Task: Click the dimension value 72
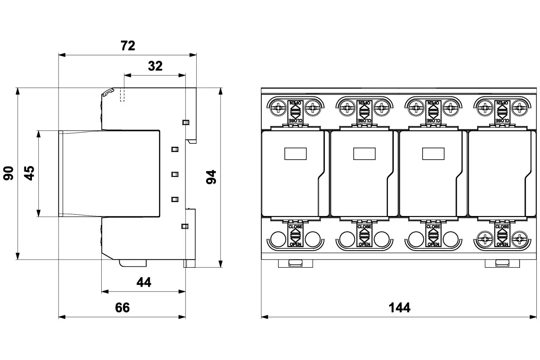point(128,45)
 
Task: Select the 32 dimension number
point(155,66)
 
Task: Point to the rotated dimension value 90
point(9,173)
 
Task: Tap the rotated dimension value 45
point(29,173)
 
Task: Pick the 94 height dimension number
point(211,177)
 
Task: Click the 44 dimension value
point(144,282)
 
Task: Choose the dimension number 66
point(122,307)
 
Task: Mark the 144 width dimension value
point(399,307)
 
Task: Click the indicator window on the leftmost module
point(295,154)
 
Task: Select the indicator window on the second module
point(364,154)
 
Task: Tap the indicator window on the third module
point(432,154)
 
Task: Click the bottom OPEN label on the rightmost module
point(502,244)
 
